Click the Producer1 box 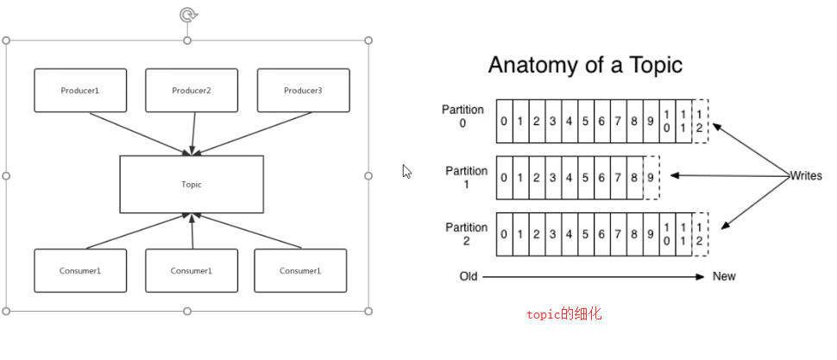tap(80, 90)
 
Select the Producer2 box tap(192, 90)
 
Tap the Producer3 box tap(303, 90)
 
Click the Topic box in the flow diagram tap(192, 184)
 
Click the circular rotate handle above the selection tap(187, 15)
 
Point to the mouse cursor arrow tap(407, 171)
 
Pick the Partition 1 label tap(466, 177)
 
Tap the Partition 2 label tap(466, 234)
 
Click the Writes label tap(806, 176)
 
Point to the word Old tap(469, 276)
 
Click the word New tap(724, 276)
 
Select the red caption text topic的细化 tap(563, 314)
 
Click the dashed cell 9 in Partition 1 tap(651, 177)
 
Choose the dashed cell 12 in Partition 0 tap(700, 121)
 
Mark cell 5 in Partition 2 tap(585, 234)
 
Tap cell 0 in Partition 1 tap(504, 177)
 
